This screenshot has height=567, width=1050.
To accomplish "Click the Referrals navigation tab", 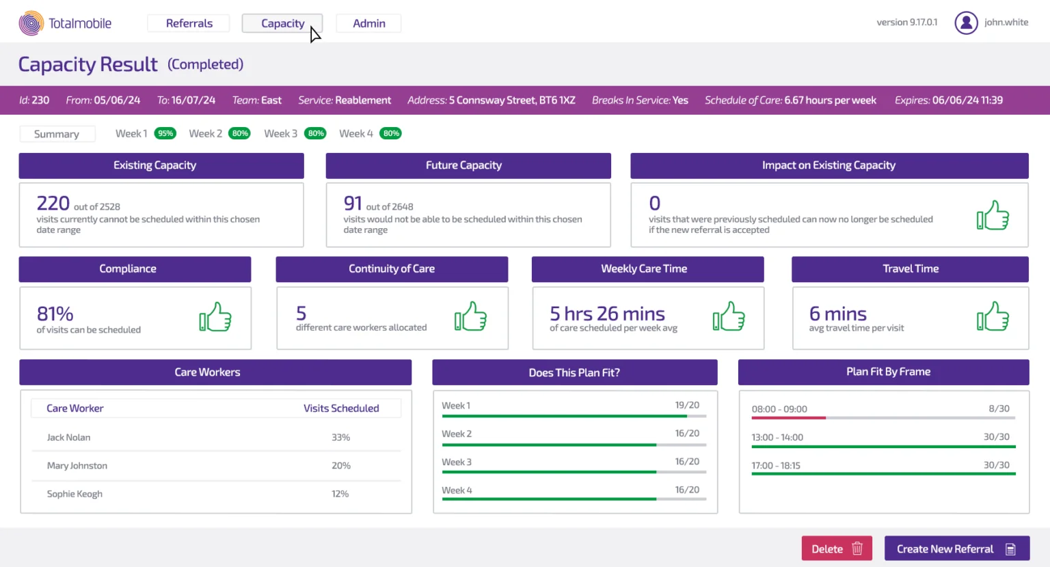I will (x=189, y=23).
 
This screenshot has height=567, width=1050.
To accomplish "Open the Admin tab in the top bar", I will (x=368, y=23).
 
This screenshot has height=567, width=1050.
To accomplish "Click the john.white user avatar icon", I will (x=965, y=23).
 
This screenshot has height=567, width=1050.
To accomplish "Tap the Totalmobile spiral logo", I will (x=31, y=23).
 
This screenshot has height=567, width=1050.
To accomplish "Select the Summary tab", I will (x=57, y=134).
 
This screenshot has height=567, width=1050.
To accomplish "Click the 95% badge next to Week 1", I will (x=165, y=134).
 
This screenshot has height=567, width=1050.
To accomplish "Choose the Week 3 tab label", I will (x=280, y=134).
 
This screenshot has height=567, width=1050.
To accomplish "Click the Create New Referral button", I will (x=956, y=549).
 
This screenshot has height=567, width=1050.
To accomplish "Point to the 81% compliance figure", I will (x=55, y=314).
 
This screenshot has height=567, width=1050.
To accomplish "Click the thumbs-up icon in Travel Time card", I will (x=993, y=317).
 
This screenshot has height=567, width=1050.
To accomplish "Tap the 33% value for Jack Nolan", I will (x=340, y=437).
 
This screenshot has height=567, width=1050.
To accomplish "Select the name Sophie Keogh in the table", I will (x=75, y=494).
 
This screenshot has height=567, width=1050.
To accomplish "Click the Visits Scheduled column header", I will (x=341, y=409).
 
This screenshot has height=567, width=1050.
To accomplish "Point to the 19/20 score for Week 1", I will (x=687, y=405).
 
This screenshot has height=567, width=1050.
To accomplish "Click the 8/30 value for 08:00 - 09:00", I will (x=999, y=409).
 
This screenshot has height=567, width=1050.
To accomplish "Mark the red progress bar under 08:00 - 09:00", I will (x=789, y=418).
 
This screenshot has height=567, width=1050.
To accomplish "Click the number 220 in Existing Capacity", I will (x=53, y=203).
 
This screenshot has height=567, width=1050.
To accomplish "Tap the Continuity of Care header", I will (x=392, y=269).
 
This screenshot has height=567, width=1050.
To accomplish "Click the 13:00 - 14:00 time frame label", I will (x=777, y=437).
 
